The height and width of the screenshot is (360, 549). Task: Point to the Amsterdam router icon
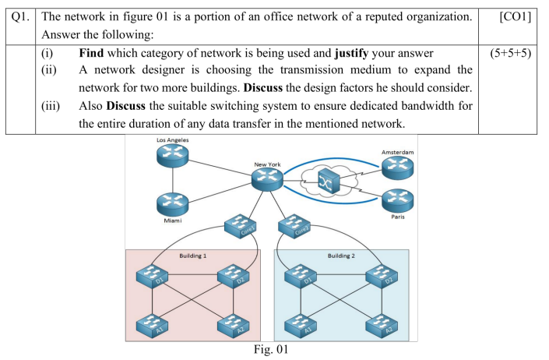click(398, 167)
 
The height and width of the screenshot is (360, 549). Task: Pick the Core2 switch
click(294, 228)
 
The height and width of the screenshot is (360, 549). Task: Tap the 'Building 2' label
click(341, 255)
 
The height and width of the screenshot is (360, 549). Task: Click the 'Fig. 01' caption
click(271, 350)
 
